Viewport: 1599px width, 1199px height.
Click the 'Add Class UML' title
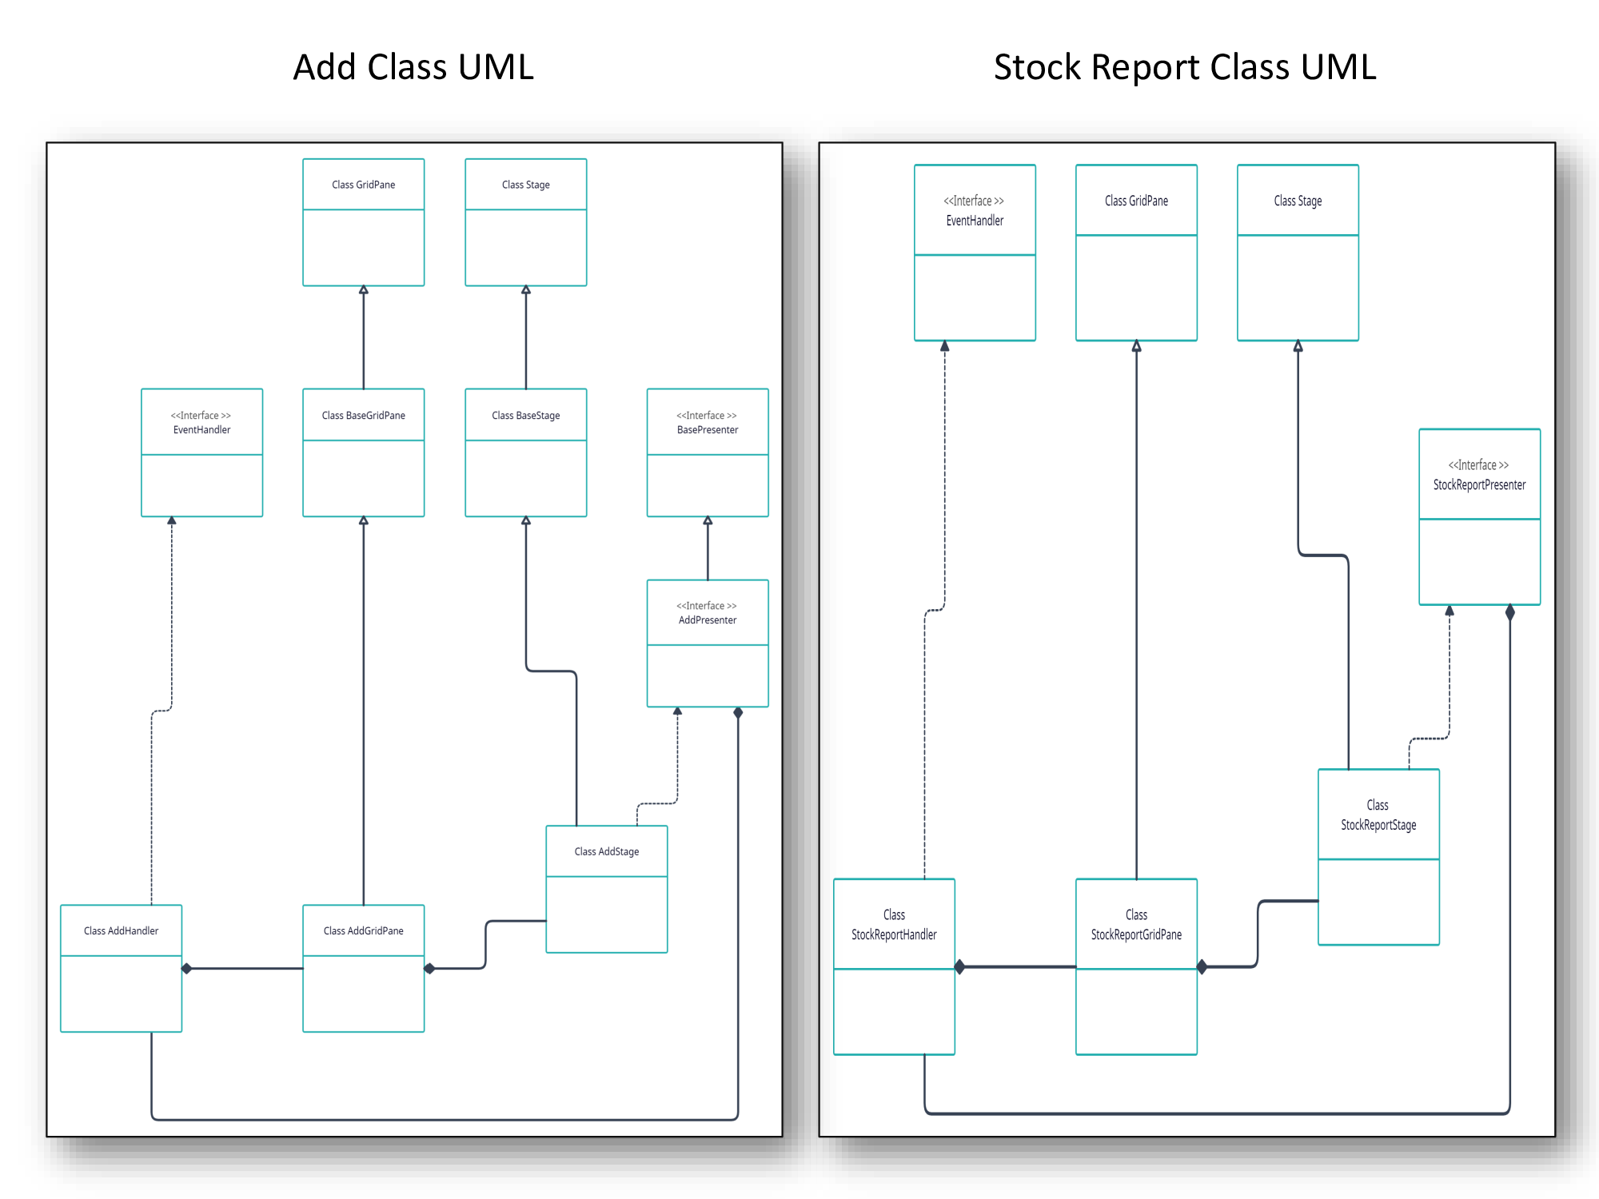pos(413,67)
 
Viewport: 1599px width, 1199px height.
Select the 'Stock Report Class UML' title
pos(1185,67)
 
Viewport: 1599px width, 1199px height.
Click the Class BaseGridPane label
pos(363,416)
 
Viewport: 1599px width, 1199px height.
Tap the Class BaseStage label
pos(525,416)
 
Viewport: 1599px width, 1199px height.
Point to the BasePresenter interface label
pos(707,423)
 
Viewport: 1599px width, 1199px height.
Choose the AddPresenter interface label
pos(707,613)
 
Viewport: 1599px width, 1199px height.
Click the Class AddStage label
pos(606,852)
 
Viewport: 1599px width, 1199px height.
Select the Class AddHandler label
pos(121,931)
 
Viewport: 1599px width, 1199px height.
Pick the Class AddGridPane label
pos(363,931)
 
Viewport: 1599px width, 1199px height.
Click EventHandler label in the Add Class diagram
pos(201,423)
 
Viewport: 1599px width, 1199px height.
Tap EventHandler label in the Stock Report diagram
pos(975,211)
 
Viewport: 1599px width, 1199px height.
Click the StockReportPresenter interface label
pos(1479,476)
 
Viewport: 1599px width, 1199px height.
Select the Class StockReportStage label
pos(1378,815)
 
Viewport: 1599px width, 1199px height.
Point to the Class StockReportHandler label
pos(894,925)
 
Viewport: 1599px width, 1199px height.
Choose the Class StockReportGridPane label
pos(1136,925)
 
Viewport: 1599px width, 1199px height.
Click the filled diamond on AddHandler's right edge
pos(187,969)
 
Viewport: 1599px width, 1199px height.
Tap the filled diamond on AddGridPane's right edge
pos(429,969)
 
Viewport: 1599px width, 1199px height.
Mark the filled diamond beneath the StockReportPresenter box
pos(1509,613)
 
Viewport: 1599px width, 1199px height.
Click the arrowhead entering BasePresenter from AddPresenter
pos(708,521)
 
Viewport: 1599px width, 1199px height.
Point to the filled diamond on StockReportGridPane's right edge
pos(1202,967)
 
